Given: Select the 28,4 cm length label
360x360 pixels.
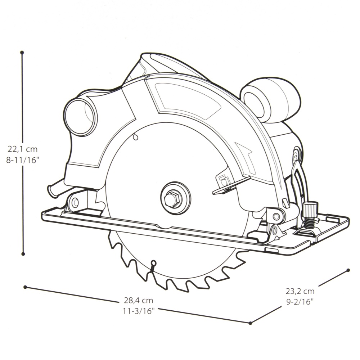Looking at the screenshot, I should pos(139,300).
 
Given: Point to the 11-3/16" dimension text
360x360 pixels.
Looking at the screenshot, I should pos(139,311).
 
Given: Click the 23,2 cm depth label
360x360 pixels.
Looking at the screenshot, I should pos(300,291).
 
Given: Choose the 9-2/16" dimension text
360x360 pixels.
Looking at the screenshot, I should pos(300,302).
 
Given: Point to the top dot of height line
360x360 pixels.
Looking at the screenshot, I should pos(22,53).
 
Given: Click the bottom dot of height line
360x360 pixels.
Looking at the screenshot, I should pos(23,254).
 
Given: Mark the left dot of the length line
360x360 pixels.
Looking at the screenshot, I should pos(25,287).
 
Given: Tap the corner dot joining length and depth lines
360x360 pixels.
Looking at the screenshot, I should pos(251,323).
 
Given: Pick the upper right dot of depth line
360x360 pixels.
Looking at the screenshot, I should pos(348,270).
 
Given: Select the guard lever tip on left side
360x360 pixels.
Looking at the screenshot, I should pos(51,190).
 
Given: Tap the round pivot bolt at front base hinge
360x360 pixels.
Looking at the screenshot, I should pos(276,216).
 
